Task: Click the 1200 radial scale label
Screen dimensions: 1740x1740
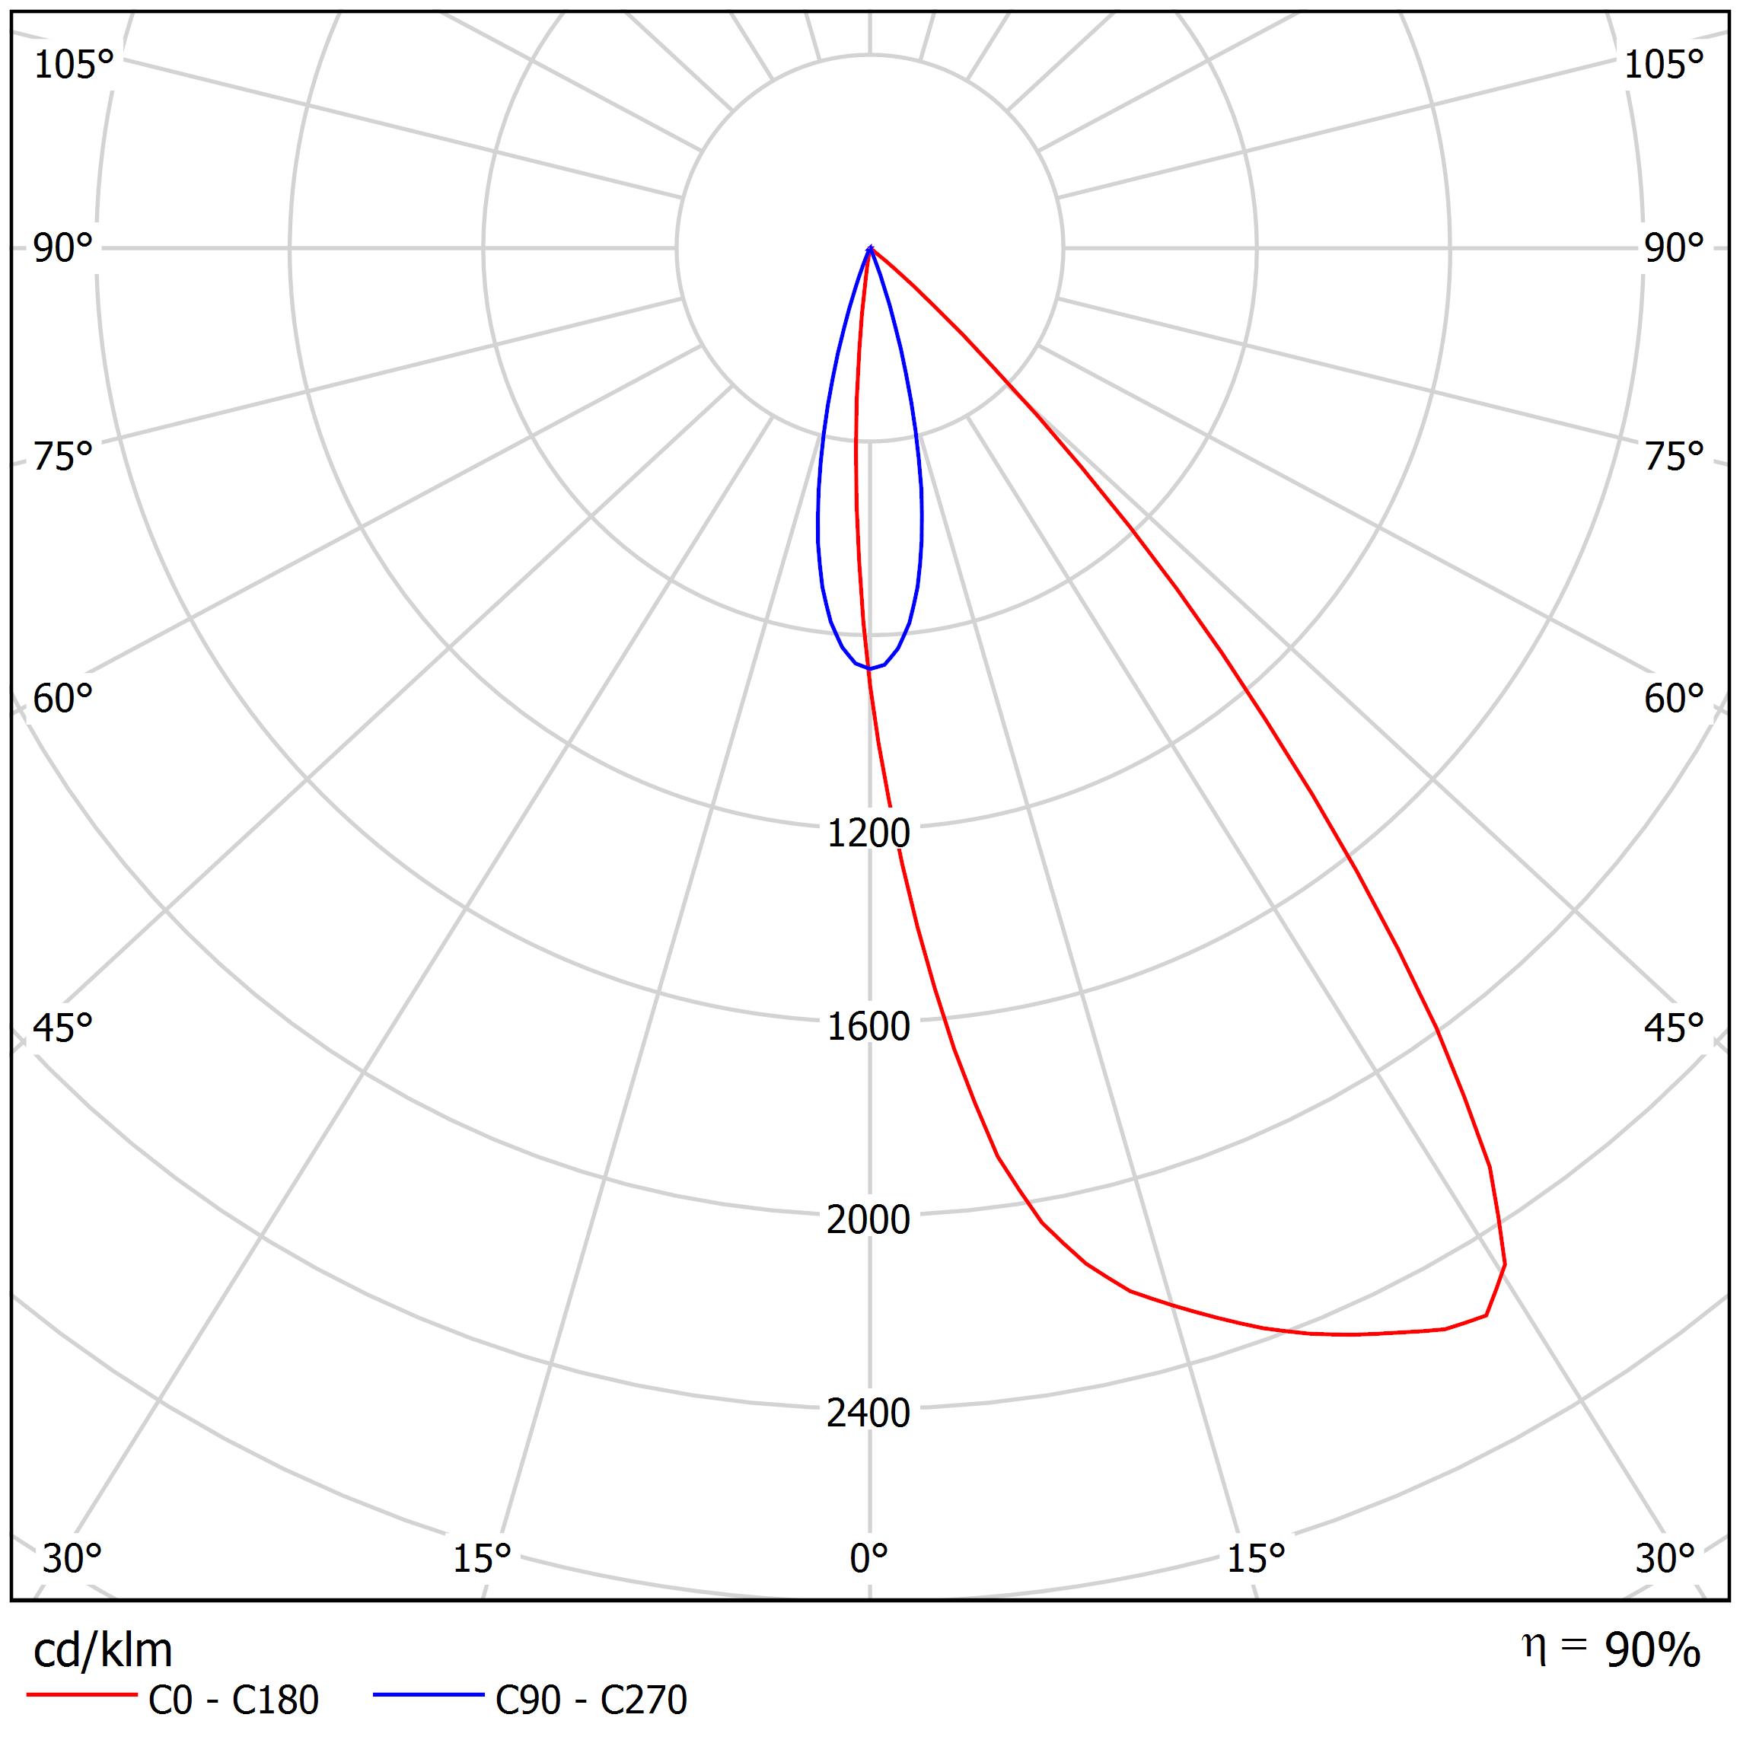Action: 868,833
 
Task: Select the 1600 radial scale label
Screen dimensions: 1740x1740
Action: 868,1027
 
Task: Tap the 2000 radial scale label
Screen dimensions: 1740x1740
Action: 868,1220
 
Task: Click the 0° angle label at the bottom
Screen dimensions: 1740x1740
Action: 868,1558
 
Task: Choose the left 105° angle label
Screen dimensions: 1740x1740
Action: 74,65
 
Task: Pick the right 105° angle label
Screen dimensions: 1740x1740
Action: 1663,65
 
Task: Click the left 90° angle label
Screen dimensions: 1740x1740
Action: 63,249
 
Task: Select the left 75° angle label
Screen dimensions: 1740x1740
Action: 63,457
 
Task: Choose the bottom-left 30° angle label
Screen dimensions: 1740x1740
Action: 72,1558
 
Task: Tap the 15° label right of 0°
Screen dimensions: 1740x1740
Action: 1255,1558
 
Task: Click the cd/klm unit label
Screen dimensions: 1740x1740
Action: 103,1651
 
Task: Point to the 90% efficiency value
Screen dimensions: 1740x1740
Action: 1652,1651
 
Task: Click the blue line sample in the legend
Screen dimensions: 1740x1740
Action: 429,1696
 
